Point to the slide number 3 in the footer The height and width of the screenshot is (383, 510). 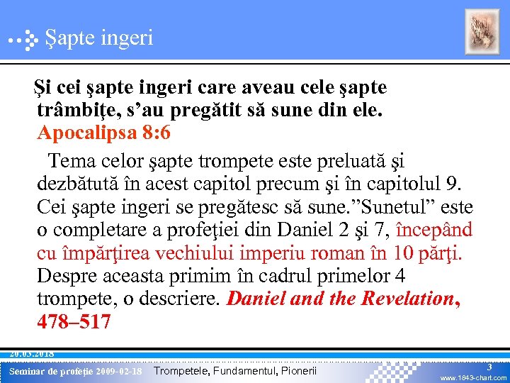(x=489, y=367)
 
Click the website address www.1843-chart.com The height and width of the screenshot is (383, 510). (x=473, y=378)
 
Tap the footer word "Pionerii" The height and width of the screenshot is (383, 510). (x=294, y=371)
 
